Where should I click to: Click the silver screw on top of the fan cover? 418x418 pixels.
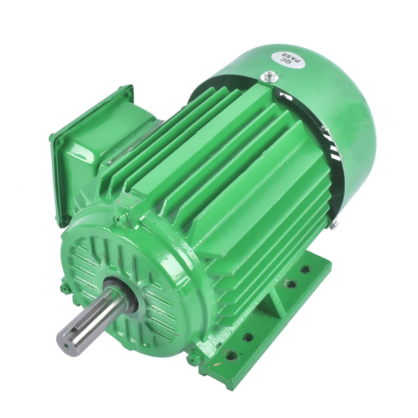tap(270, 77)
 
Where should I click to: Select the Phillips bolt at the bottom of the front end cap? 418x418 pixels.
tap(194, 359)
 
